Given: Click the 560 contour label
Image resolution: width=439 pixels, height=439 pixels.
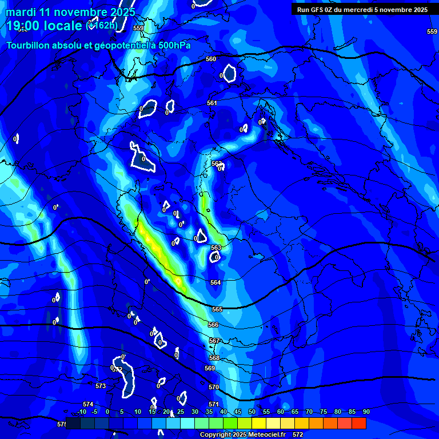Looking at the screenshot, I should pyautogui.click(x=211, y=59).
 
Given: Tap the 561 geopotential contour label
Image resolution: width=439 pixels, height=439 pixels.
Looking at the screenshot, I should pyautogui.click(x=212, y=103).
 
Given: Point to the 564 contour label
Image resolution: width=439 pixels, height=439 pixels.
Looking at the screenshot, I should pyautogui.click(x=215, y=283).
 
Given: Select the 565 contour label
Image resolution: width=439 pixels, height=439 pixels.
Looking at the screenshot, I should pyautogui.click(x=217, y=309).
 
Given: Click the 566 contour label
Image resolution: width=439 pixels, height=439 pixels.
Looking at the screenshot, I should pyautogui.click(x=213, y=325).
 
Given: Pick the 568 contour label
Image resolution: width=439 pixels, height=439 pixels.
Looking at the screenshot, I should pyautogui.click(x=214, y=358).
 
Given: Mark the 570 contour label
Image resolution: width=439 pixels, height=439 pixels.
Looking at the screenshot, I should pyautogui.click(x=214, y=387).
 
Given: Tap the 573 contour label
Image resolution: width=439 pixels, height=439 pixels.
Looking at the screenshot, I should pyautogui.click(x=101, y=386).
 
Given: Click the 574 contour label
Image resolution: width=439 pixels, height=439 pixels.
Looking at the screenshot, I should pyautogui.click(x=88, y=404).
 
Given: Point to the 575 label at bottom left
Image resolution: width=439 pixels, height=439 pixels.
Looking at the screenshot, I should pyautogui.click(x=62, y=424).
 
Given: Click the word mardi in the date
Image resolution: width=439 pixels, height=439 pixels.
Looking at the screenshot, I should pyautogui.click(x=21, y=12).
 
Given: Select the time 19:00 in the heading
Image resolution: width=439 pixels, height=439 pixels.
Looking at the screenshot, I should pyautogui.click(x=27, y=26).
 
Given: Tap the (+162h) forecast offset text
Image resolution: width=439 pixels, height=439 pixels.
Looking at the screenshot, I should pyautogui.click(x=102, y=25).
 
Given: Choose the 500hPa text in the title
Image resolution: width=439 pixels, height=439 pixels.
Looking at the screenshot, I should pyautogui.click(x=174, y=46).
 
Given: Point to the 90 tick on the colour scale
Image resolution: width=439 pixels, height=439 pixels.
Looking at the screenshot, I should pyautogui.click(x=366, y=412).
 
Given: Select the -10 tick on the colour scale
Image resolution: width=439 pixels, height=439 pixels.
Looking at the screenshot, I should pyautogui.click(x=82, y=412).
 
